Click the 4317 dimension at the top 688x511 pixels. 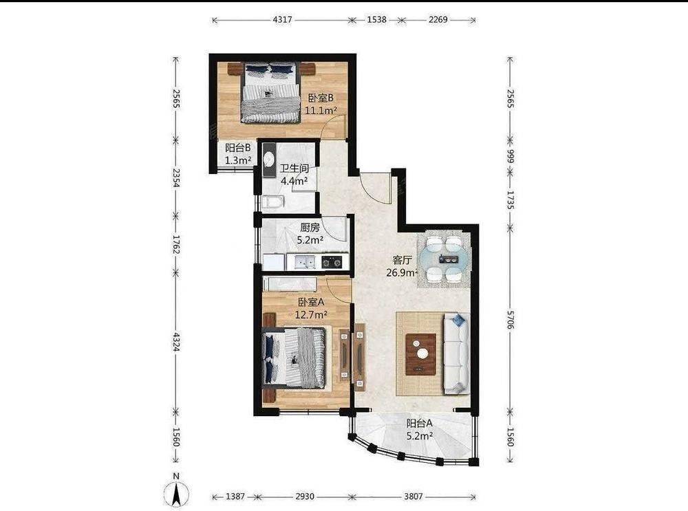point(282,20)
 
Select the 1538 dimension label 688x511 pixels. point(376,20)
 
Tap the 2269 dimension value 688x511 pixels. point(438,20)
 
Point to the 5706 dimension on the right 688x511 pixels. point(510,319)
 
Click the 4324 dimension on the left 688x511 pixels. point(176,342)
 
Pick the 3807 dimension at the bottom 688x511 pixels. point(413,497)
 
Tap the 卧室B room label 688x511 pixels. point(321,98)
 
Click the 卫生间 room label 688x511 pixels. point(294,168)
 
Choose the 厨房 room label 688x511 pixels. point(310,228)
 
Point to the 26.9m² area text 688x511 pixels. point(401,273)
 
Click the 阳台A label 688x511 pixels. point(420,424)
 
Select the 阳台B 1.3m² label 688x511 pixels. point(238,154)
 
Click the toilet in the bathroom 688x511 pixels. point(273,202)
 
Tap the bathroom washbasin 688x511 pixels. point(268,158)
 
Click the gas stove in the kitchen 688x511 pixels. point(332,262)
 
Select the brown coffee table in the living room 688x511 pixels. point(421,354)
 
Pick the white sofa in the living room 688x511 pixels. point(456,353)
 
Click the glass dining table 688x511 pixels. point(444,260)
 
